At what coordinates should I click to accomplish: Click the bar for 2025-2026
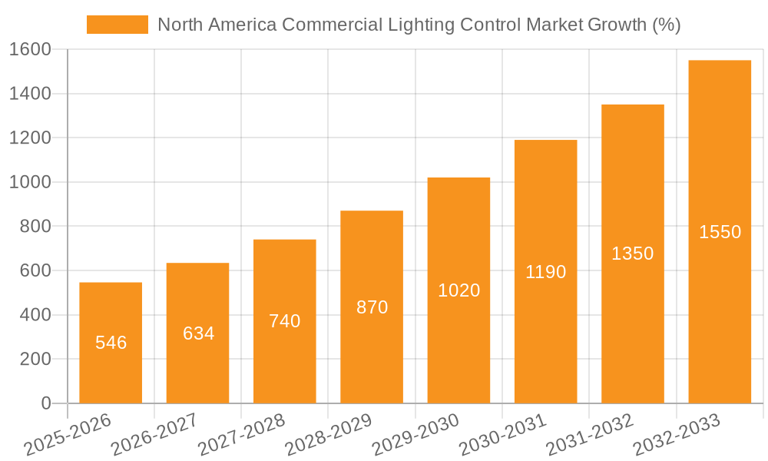coord(111,343)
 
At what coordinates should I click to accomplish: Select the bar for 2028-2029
coord(372,307)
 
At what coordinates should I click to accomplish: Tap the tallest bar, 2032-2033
coord(720,231)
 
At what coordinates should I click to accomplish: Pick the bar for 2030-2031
coord(545,271)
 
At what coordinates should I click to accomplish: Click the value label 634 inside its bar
coord(198,333)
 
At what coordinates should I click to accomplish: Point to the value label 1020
coord(458,290)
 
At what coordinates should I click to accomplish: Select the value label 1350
coord(632,254)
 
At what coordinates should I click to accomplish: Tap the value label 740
coord(285,321)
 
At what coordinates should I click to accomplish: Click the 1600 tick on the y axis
coord(31,49)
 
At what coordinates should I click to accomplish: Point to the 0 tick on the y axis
coord(45,403)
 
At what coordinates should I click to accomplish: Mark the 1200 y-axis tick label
coord(31,138)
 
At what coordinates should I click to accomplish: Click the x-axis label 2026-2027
coord(154,434)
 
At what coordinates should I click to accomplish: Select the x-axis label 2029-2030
coord(415,434)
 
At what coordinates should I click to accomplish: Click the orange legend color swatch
coord(117,25)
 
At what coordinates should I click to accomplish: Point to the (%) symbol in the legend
coord(665,25)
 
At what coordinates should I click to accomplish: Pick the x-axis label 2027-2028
coord(241,434)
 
